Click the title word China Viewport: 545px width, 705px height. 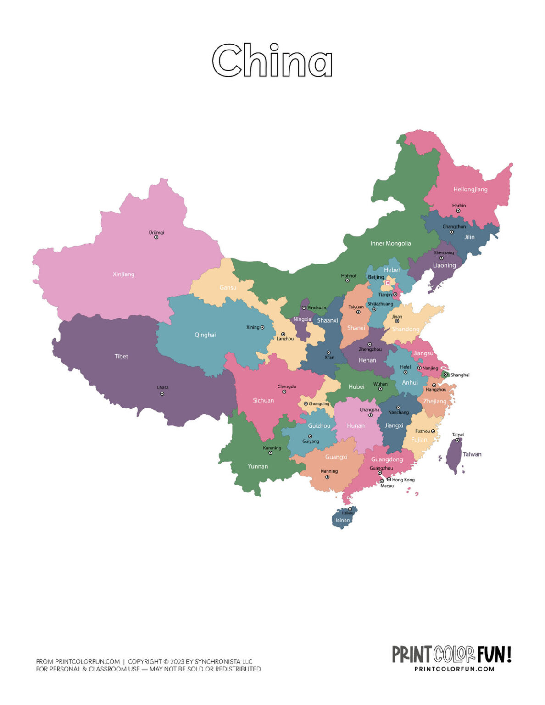272,61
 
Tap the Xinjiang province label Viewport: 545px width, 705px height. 124,274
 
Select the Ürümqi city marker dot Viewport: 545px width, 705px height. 156,237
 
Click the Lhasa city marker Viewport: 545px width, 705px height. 162,393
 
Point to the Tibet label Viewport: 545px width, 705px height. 121,357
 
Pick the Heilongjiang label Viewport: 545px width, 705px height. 470,190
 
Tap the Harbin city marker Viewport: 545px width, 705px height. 458,211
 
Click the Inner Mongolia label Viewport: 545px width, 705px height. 390,244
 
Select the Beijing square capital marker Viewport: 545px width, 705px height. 388,283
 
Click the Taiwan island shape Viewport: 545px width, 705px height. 454,454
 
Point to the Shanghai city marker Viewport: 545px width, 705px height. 445,375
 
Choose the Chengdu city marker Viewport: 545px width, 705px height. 284,392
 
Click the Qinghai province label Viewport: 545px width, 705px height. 205,335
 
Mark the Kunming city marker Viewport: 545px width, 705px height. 270,453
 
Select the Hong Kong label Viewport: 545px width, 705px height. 403,480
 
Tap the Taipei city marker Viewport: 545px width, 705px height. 457,440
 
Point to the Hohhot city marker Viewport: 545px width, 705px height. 347,280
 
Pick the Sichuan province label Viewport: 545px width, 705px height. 263,401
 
